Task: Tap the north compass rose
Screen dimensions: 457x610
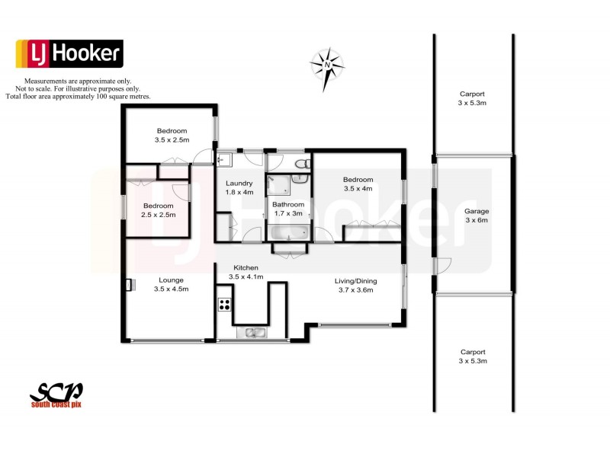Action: (x=327, y=65)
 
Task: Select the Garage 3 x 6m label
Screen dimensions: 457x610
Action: (x=477, y=216)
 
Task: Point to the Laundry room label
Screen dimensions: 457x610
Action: (x=239, y=187)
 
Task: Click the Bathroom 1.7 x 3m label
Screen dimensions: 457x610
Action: (x=288, y=209)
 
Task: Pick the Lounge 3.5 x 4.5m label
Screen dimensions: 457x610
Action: (x=171, y=284)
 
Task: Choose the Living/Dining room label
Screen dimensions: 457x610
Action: (x=356, y=285)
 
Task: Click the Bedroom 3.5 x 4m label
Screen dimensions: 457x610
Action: (x=358, y=184)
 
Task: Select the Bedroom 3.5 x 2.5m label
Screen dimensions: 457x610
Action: (x=171, y=135)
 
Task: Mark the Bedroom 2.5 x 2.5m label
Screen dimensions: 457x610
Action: (x=159, y=210)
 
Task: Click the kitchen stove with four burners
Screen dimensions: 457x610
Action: (x=225, y=305)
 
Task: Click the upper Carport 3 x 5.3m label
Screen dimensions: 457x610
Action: (x=472, y=98)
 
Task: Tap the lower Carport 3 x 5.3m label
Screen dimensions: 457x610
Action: (x=473, y=356)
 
